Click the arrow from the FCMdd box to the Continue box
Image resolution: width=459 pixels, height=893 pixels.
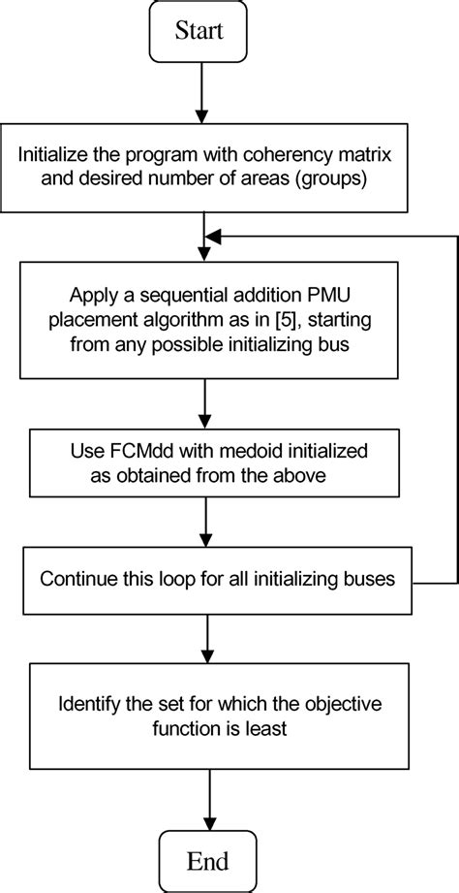pos(205,523)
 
